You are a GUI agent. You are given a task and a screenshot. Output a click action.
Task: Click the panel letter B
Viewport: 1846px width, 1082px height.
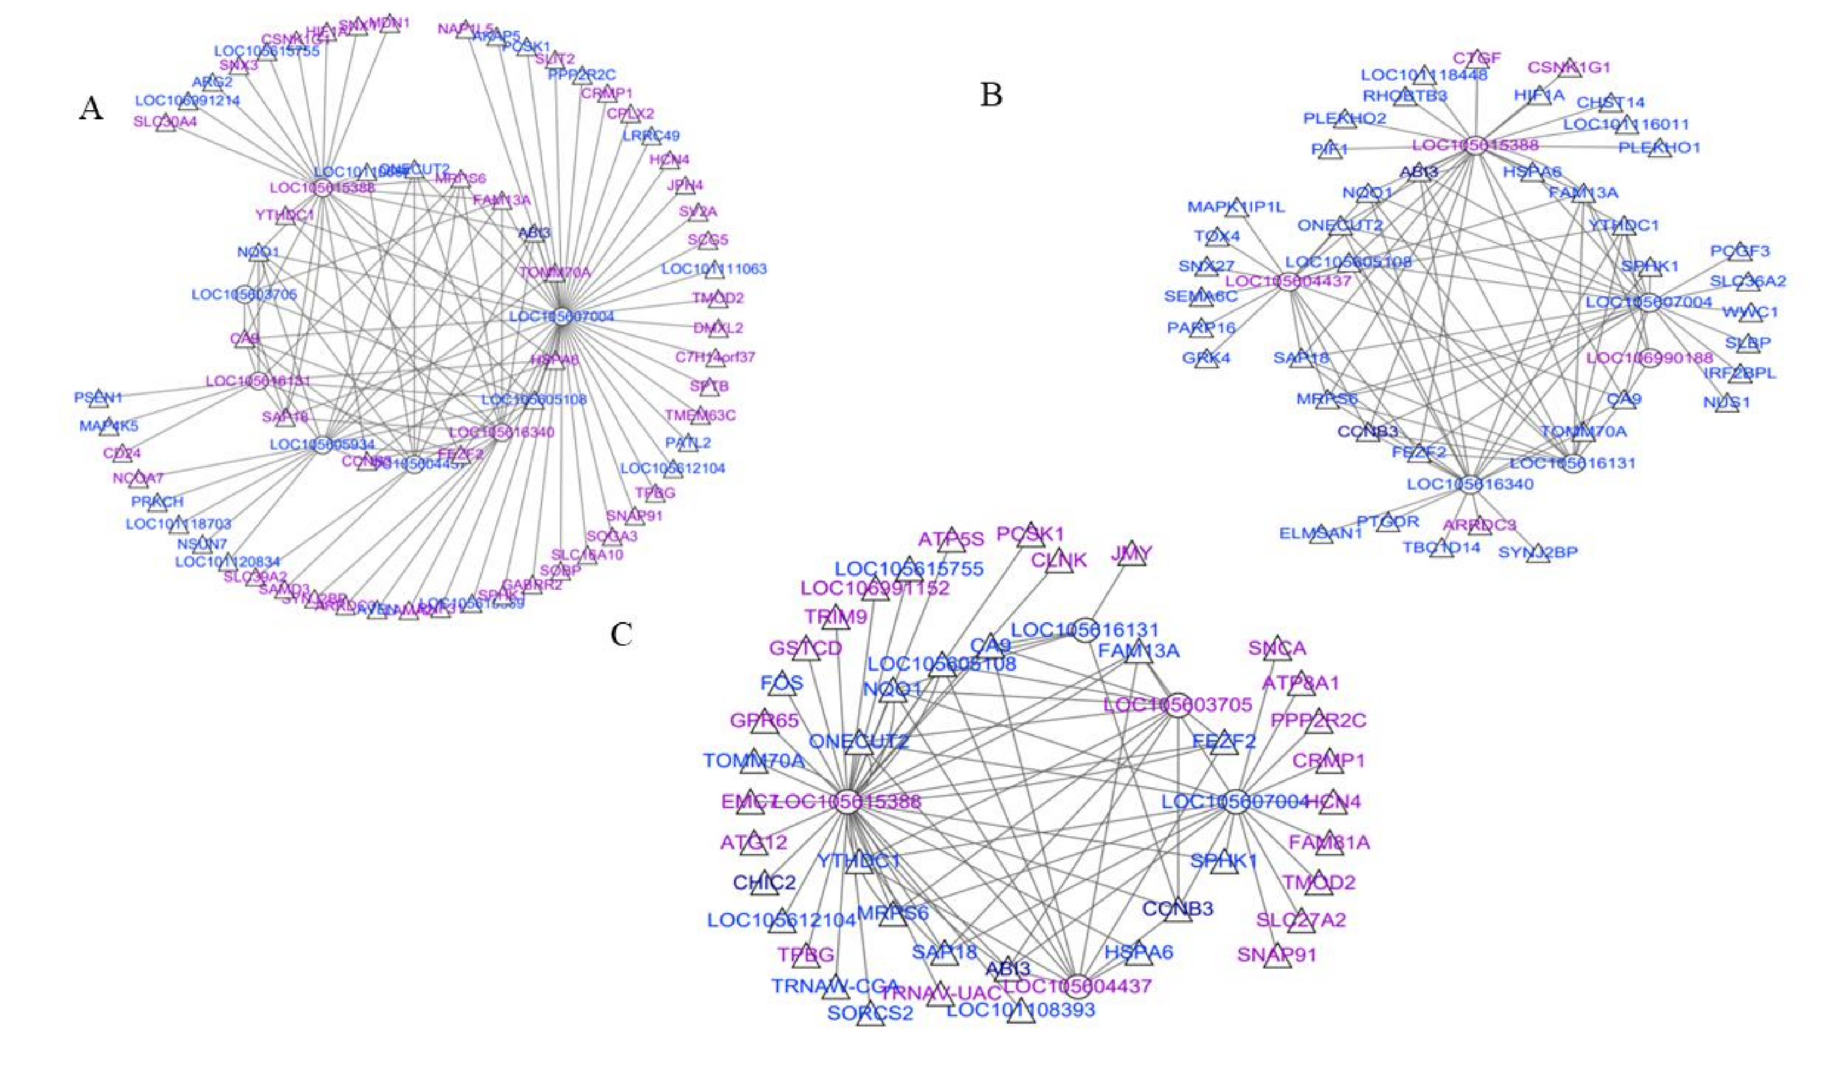pyautogui.click(x=991, y=95)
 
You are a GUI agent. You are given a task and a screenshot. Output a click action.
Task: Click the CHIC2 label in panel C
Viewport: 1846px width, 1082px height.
pyautogui.click(x=764, y=882)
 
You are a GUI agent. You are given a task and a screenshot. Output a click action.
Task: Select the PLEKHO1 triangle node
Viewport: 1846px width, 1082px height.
pyautogui.click(x=1659, y=148)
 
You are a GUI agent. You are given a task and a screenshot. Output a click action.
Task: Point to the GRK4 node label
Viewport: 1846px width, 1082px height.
pyautogui.click(x=1206, y=358)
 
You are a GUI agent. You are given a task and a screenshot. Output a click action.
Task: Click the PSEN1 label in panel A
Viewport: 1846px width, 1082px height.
pyautogui.click(x=98, y=397)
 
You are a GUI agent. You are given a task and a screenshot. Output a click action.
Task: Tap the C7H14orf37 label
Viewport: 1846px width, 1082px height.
pyautogui.click(x=715, y=357)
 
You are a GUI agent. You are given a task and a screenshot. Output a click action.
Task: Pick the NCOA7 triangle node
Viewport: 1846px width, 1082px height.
pyautogui.click(x=138, y=478)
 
